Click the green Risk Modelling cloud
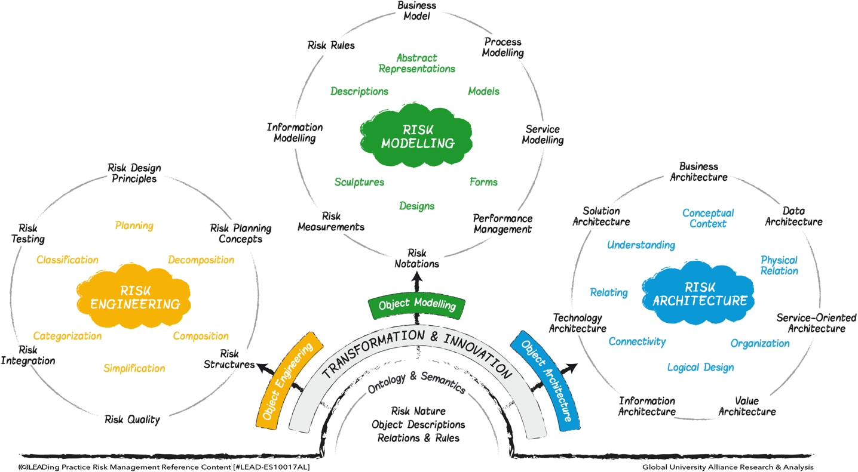point(416,136)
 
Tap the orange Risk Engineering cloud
point(134,296)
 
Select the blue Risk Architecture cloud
point(698,293)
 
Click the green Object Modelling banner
point(416,305)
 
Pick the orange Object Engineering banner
point(289,380)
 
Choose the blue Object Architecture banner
point(546,381)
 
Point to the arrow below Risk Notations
point(417,282)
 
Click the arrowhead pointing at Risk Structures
point(262,368)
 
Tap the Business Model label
point(416,11)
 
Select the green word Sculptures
point(359,182)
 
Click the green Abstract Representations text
point(416,63)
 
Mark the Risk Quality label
point(132,419)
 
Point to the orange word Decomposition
point(201,260)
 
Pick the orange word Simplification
point(134,368)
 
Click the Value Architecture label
point(747,406)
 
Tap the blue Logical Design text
point(701,368)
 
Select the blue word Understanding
point(641,245)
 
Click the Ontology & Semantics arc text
point(416,382)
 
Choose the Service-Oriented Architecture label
point(816,323)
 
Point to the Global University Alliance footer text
point(728,467)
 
